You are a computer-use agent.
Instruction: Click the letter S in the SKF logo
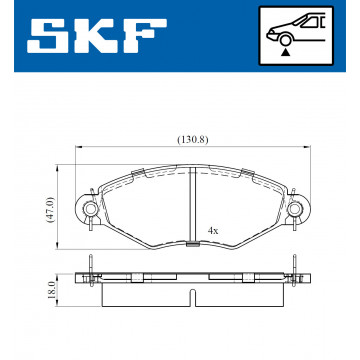coord(48,36)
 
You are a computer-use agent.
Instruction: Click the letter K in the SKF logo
coord(95,36)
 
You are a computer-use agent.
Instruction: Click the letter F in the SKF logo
coord(144,36)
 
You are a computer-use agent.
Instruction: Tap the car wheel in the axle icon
coord(284,41)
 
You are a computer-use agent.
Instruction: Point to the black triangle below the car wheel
coord(284,52)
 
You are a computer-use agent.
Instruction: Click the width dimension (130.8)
coord(193,140)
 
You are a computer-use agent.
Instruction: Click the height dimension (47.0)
coord(50,210)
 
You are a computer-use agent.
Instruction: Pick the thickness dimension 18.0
coord(51,290)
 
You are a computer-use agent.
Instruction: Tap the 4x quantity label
coord(213,231)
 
